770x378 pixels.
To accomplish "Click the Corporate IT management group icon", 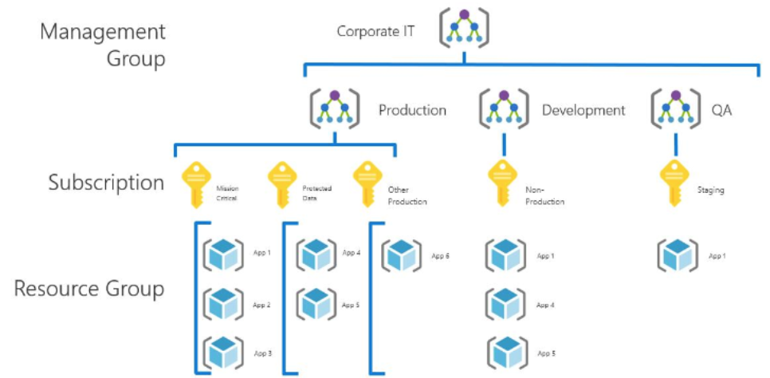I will coord(464,29).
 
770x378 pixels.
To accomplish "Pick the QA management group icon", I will coord(675,109).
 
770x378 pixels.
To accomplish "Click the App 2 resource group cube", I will coord(222,304).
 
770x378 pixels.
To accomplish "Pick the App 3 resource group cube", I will coord(222,352).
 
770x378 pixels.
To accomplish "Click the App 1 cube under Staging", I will coord(678,255).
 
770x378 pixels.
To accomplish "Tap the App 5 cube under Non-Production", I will coord(507,352).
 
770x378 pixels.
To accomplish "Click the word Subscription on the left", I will coord(106,183).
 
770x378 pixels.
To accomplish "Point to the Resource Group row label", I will coord(89,288).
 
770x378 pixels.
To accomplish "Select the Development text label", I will coord(583,110).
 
